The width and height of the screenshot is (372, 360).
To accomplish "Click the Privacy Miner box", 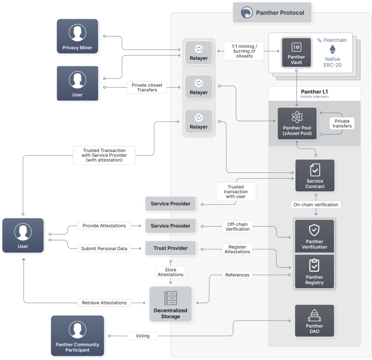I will pyautogui.click(x=77, y=36).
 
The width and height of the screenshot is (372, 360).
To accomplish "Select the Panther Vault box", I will pyautogui.click(x=296, y=53).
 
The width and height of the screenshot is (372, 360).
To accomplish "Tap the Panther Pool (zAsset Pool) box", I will pyautogui.click(x=297, y=124).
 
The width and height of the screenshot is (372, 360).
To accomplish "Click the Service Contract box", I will pyautogui.click(x=315, y=176).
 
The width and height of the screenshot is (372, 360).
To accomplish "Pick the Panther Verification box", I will pyautogui.click(x=314, y=236).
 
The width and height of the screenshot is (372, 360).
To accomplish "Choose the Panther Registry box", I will pyautogui.click(x=314, y=271).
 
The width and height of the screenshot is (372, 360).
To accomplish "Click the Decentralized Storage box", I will pyautogui.click(x=170, y=304).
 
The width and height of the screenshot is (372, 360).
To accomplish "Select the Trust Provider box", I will pyautogui.click(x=170, y=248).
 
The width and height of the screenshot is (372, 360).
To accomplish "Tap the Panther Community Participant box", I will pyautogui.click(x=77, y=335).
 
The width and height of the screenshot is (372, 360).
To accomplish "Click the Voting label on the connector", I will pyautogui.click(x=142, y=336).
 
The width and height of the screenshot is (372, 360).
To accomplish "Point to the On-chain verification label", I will pyautogui.click(x=316, y=205).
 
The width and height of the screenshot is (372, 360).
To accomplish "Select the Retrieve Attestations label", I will pyautogui.click(x=104, y=303).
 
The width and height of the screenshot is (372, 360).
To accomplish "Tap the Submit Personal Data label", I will pyautogui.click(x=104, y=248).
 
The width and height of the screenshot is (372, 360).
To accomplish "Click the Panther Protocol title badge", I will pyautogui.click(x=272, y=13).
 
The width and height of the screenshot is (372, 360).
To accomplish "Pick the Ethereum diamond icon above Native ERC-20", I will pyautogui.click(x=332, y=50).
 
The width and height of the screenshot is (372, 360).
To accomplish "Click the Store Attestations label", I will pyautogui.click(x=170, y=272).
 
